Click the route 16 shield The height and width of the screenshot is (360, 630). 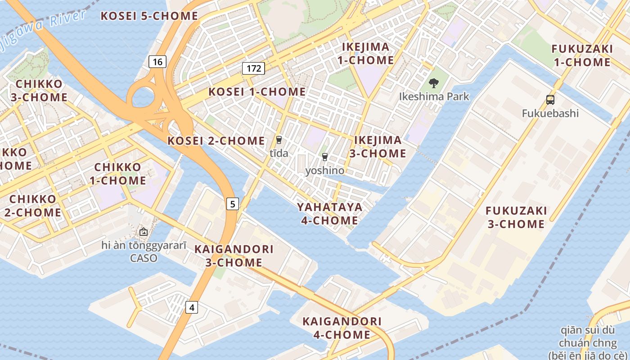(x=157, y=62)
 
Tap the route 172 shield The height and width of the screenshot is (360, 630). (x=253, y=68)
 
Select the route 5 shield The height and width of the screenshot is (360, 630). (x=232, y=204)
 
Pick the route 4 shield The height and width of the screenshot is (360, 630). (x=192, y=308)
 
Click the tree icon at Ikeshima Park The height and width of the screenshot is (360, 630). (x=434, y=83)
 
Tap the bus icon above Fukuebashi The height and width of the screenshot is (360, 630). (x=550, y=100)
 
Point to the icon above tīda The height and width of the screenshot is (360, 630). (x=279, y=140)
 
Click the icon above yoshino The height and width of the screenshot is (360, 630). (x=324, y=157)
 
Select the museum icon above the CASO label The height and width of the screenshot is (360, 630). (x=143, y=232)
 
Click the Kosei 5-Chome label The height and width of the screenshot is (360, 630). (x=149, y=16)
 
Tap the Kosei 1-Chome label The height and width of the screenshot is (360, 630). (x=257, y=92)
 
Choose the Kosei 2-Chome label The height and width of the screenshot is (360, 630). (x=216, y=141)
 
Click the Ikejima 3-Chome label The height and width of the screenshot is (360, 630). (x=378, y=147)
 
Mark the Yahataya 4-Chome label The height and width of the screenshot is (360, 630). (x=330, y=214)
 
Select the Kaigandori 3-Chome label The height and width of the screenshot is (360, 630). (x=234, y=256)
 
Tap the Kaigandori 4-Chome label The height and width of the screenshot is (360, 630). (x=342, y=328)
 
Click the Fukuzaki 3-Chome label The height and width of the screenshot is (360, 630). (x=516, y=217)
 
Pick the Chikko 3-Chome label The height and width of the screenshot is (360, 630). (x=41, y=90)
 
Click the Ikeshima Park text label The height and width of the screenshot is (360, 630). (x=434, y=97)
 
